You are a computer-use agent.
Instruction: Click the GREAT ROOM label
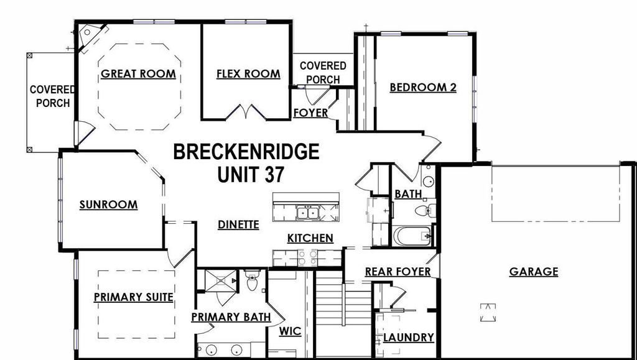pyautogui.click(x=138, y=74)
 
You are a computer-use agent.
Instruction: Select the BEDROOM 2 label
pyautogui.click(x=423, y=88)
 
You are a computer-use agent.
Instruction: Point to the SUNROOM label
pyautogui.click(x=109, y=205)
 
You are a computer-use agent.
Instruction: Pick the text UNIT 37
pyautogui.click(x=251, y=175)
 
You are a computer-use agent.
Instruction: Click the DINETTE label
pyautogui.click(x=238, y=225)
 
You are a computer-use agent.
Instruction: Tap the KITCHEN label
pyautogui.click(x=310, y=238)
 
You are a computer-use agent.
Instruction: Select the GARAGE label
pyautogui.click(x=534, y=272)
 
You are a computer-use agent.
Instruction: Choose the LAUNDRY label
pyautogui.click(x=408, y=338)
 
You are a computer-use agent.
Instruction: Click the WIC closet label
pyautogui.click(x=291, y=331)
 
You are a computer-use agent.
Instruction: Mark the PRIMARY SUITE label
pyautogui.click(x=133, y=297)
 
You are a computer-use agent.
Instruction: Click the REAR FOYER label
pyautogui.click(x=398, y=272)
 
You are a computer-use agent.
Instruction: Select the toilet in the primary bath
pyautogui.click(x=252, y=283)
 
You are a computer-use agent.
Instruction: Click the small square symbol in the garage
pyautogui.click(x=489, y=312)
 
